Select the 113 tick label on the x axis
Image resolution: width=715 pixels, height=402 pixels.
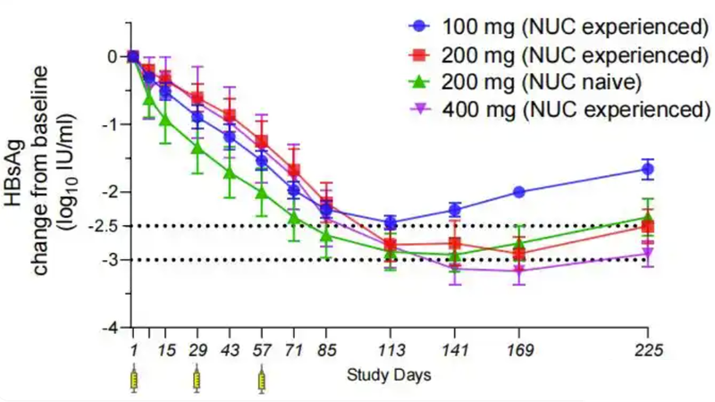(x=391, y=351)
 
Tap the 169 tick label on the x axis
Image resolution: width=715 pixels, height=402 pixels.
(x=519, y=351)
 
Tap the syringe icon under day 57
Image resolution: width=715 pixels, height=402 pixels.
(x=262, y=380)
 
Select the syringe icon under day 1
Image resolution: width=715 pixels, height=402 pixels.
(x=134, y=380)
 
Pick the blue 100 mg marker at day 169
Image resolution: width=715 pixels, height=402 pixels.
(x=519, y=192)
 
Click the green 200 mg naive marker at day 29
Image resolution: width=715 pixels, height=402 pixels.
(x=198, y=147)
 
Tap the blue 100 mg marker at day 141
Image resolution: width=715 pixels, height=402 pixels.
(x=455, y=210)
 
